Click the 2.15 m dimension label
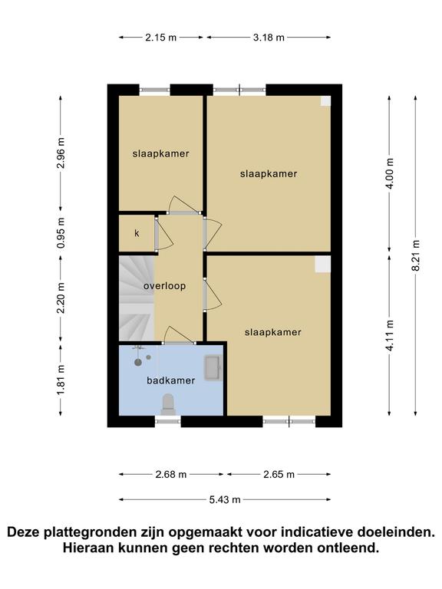point(161,38)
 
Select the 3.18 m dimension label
point(269,38)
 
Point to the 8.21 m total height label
point(416,255)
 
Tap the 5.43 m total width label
point(225,499)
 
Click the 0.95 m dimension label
point(61,232)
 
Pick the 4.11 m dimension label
point(389,335)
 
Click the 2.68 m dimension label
point(171,475)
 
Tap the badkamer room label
point(170,380)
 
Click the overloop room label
point(165,286)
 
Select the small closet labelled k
point(137,233)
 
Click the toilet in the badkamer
point(168,404)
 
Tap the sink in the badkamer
point(213,368)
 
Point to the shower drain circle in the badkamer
point(138,363)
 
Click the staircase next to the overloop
point(136,298)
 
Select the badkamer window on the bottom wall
point(167,422)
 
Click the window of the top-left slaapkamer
point(155,90)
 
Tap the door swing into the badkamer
point(179,335)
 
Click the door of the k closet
point(164,234)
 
